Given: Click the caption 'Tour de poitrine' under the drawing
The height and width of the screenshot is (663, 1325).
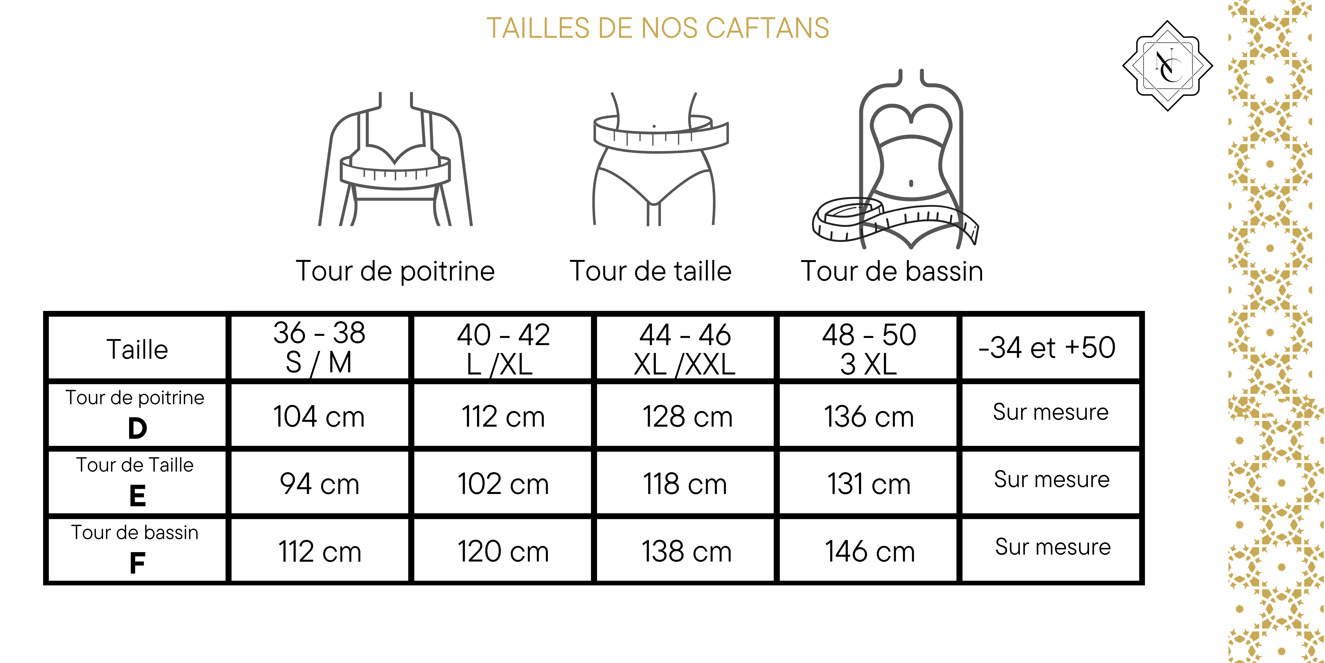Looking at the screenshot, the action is (395, 271).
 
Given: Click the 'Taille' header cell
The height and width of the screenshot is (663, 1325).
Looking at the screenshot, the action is (137, 349).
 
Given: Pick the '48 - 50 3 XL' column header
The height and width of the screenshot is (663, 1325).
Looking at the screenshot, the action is (869, 349).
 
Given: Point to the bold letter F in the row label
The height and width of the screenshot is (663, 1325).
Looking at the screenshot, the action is (137, 563).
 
